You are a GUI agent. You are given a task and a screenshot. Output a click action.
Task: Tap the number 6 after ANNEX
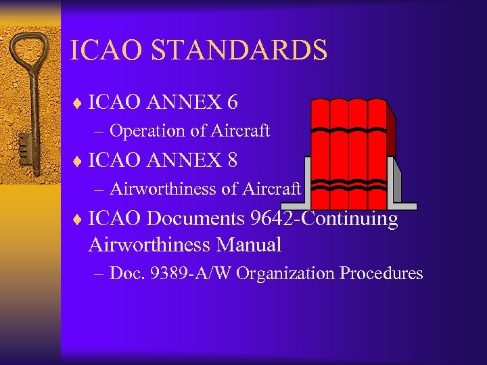(233, 102)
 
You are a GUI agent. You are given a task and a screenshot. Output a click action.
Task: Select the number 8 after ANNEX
(233, 160)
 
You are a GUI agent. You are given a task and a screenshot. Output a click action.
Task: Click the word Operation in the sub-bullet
(143, 130)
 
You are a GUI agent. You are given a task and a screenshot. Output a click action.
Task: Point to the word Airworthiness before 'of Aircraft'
(164, 189)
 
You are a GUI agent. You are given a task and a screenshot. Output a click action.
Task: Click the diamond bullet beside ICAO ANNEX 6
(78, 103)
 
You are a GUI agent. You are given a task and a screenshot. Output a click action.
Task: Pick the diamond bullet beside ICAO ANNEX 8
(78, 162)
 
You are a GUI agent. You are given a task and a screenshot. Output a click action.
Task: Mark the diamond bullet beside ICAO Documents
(78, 220)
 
